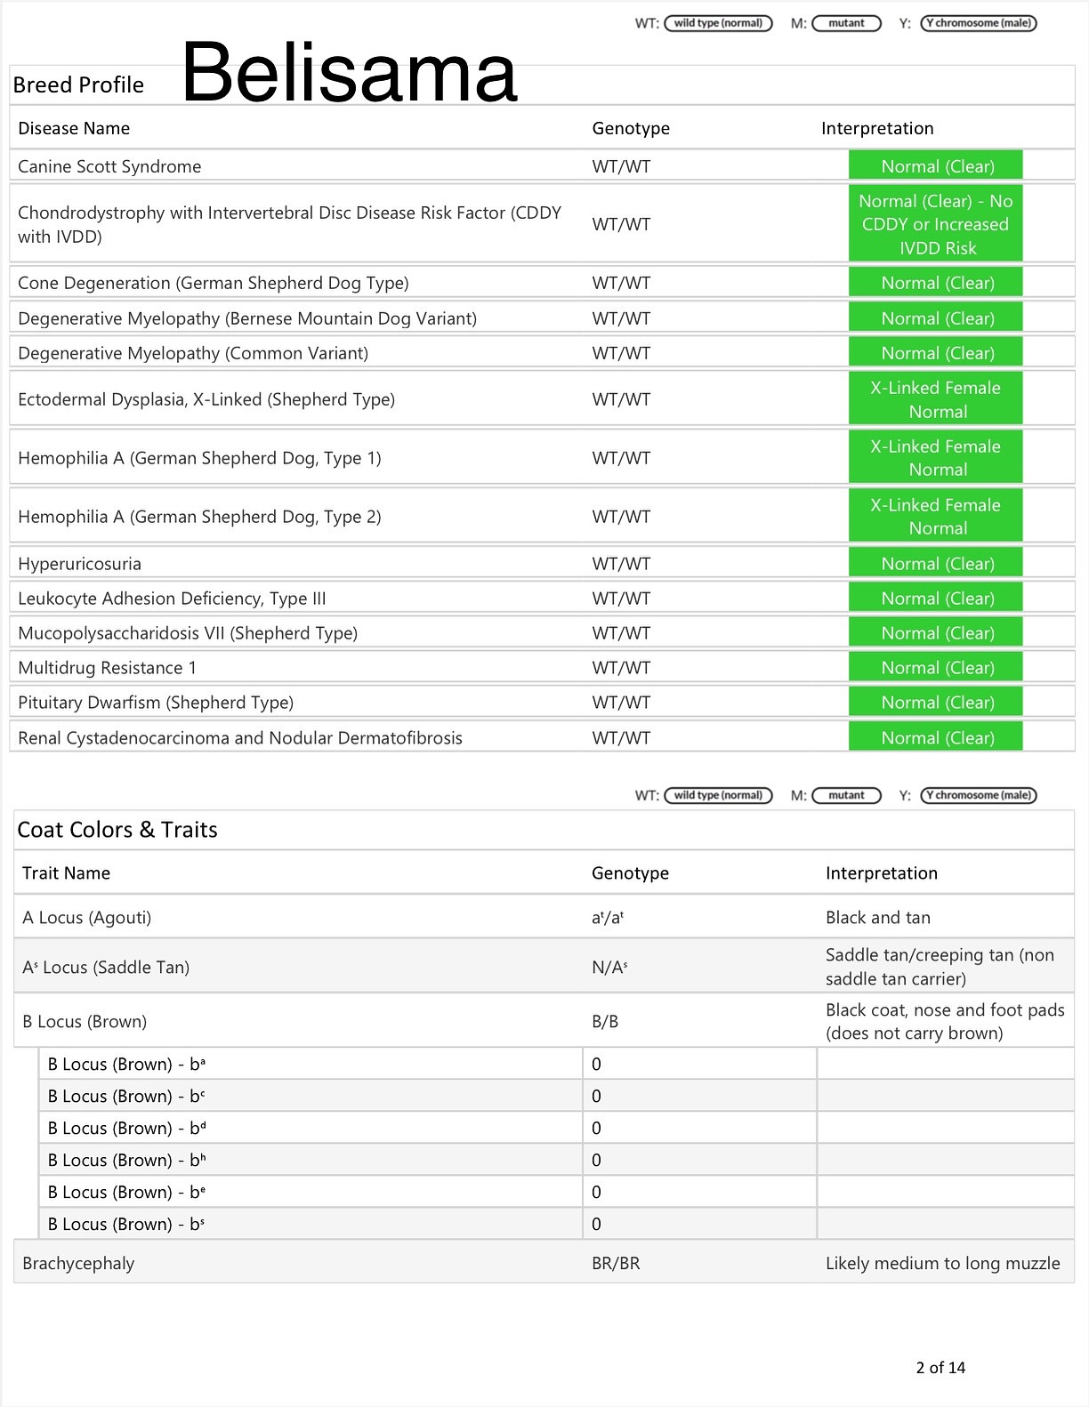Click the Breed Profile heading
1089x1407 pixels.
coord(78,85)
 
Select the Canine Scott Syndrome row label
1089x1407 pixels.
coord(109,166)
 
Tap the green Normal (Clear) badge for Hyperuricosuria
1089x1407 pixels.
coord(936,563)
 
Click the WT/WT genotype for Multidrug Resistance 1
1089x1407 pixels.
coord(621,668)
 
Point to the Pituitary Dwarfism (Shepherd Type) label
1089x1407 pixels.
coord(156,703)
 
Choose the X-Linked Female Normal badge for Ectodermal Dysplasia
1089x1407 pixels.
coord(936,399)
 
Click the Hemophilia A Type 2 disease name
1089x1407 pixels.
coord(199,517)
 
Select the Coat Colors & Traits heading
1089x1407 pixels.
coord(117,830)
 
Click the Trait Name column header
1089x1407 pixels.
coord(66,873)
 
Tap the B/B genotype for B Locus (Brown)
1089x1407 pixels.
coord(605,1021)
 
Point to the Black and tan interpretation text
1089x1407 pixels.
coord(877,918)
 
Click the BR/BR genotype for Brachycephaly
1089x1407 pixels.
coord(616,1263)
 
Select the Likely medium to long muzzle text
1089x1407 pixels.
coord(942,1263)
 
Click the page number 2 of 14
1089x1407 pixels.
coord(940,1368)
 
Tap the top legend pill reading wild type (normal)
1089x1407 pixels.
coord(718,23)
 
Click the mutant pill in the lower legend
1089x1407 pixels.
coord(846,795)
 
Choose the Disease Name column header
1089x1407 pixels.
coord(74,128)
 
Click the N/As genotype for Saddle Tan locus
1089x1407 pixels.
coord(609,967)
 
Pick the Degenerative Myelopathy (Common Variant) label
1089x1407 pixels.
coord(193,353)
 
